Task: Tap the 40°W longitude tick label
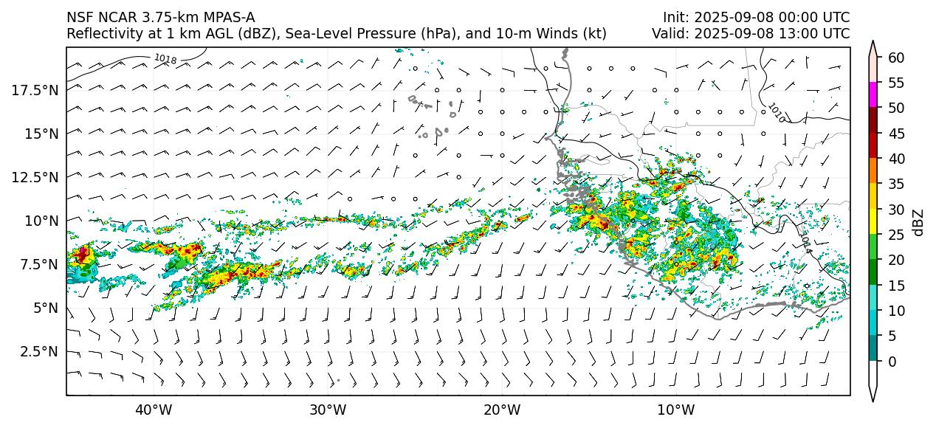pos(154,410)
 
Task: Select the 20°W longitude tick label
pos(502,410)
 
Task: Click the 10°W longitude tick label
pos(675,410)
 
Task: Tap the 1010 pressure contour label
pos(776,112)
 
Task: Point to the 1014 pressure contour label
pos(805,244)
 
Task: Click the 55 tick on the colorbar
pos(896,83)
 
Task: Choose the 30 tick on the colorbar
pos(896,210)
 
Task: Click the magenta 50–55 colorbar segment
pos(873,95)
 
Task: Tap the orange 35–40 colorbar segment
pos(873,171)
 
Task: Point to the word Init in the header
pos(675,17)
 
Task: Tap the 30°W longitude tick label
pos(328,410)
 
